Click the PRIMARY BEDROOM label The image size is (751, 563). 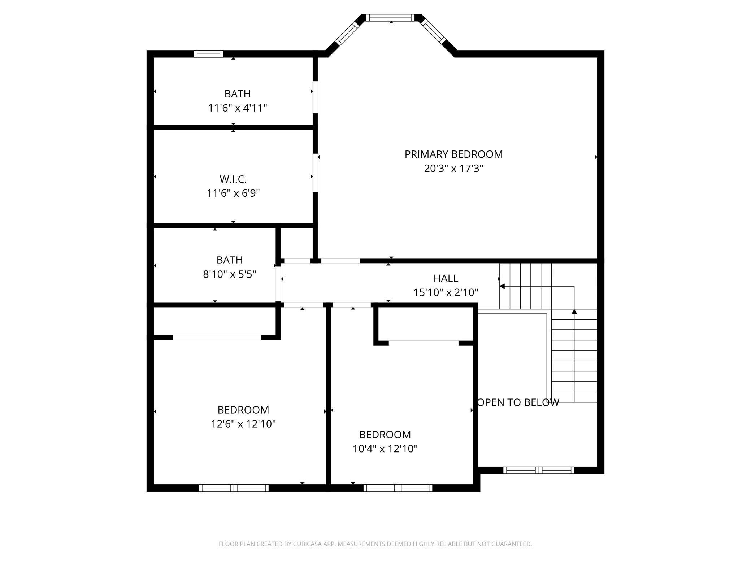[x=453, y=154]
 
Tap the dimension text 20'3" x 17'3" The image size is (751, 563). [x=453, y=169]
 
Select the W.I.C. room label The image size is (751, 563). [x=233, y=179]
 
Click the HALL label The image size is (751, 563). [x=446, y=278]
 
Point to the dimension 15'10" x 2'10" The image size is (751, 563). [x=446, y=292]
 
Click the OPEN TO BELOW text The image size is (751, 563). [x=518, y=402]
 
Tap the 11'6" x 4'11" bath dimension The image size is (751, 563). [x=237, y=108]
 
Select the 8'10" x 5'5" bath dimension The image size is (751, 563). [x=229, y=274]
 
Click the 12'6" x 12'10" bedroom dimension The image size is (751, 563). [x=243, y=424]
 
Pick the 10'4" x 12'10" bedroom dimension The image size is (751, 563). [x=385, y=449]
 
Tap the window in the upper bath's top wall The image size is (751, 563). [x=208, y=54]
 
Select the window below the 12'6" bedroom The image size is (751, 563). [x=234, y=488]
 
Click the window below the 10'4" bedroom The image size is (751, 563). [x=398, y=488]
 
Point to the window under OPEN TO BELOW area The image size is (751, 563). [x=538, y=470]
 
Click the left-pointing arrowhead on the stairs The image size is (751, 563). [x=502, y=287]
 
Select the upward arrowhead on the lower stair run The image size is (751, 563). [x=574, y=311]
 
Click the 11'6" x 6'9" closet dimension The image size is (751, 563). [x=233, y=193]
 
